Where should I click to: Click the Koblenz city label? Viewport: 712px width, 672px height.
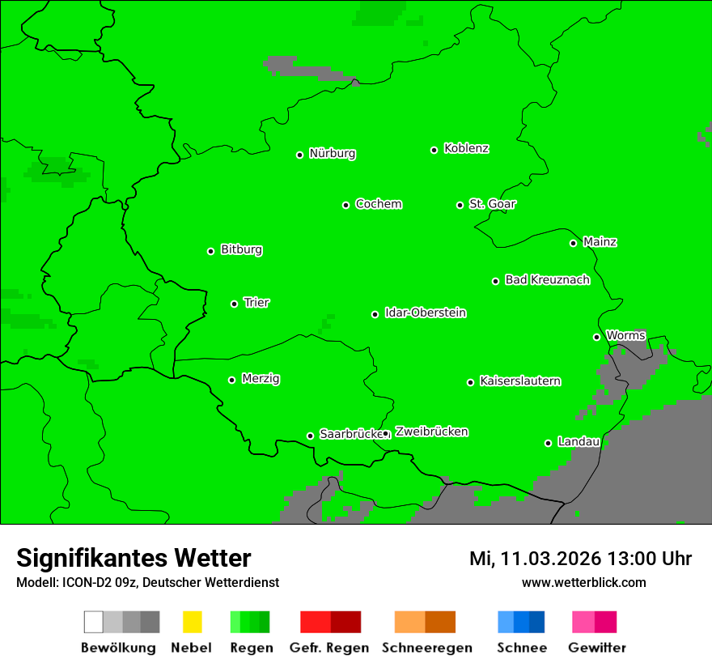coord(466,149)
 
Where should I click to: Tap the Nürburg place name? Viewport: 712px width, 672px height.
coord(332,154)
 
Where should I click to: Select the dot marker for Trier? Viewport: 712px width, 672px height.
coord(235,304)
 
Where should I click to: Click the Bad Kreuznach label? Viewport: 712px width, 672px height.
coord(547,280)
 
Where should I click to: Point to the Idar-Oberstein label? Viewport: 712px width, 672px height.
coord(426,313)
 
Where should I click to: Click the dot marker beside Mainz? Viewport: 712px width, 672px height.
coord(573,243)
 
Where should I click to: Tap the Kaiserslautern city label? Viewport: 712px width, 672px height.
coord(520,381)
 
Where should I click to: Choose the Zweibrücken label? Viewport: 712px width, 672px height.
coord(431,432)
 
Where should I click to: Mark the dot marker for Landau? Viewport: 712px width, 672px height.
coord(548,443)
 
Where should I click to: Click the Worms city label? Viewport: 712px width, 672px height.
coord(625,336)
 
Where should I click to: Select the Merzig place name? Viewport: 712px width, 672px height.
coord(261,379)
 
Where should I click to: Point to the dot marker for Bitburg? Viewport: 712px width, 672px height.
coord(210,251)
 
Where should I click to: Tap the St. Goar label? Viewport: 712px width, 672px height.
coord(492,204)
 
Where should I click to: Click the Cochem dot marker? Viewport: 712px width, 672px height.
coord(345,205)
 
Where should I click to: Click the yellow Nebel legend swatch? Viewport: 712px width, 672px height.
coord(192,622)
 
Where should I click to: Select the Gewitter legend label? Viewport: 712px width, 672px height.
coord(597,648)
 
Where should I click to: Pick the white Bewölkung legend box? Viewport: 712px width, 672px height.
coord(94,622)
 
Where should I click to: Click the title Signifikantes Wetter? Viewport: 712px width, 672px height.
coord(133,558)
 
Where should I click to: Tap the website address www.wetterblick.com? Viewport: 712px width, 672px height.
coord(583,582)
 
